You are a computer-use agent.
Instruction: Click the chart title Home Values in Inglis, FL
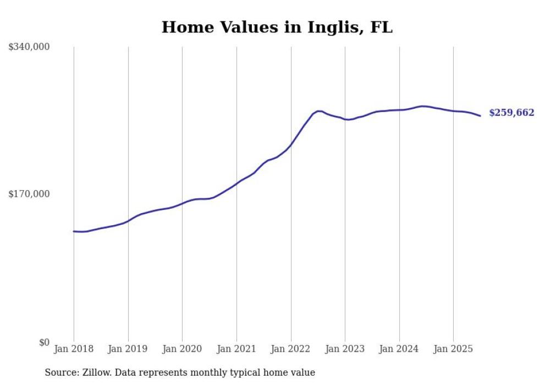pos(277,27)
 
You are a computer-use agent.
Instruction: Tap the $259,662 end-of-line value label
pos(511,113)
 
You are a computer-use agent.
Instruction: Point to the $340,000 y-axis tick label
pos(29,47)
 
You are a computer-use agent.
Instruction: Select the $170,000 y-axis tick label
pos(29,194)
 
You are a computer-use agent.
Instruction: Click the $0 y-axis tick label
pos(44,343)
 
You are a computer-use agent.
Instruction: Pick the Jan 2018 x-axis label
pos(74,349)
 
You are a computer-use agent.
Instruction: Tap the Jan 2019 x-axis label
pos(128,349)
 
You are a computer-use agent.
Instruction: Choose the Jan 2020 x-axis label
pos(182,349)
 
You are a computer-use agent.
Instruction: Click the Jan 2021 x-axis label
pos(237,349)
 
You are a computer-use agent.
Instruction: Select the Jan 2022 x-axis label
pos(291,349)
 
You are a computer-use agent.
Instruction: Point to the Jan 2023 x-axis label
pos(345,349)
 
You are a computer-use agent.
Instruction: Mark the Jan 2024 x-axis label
pos(399,349)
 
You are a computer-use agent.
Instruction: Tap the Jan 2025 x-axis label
pos(453,349)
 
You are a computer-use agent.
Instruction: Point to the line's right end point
pos(480,115)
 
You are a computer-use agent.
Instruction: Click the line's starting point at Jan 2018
pos(74,231)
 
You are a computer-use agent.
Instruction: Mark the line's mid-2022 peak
pos(318,111)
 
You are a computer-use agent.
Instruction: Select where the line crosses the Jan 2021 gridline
pos(237,182)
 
